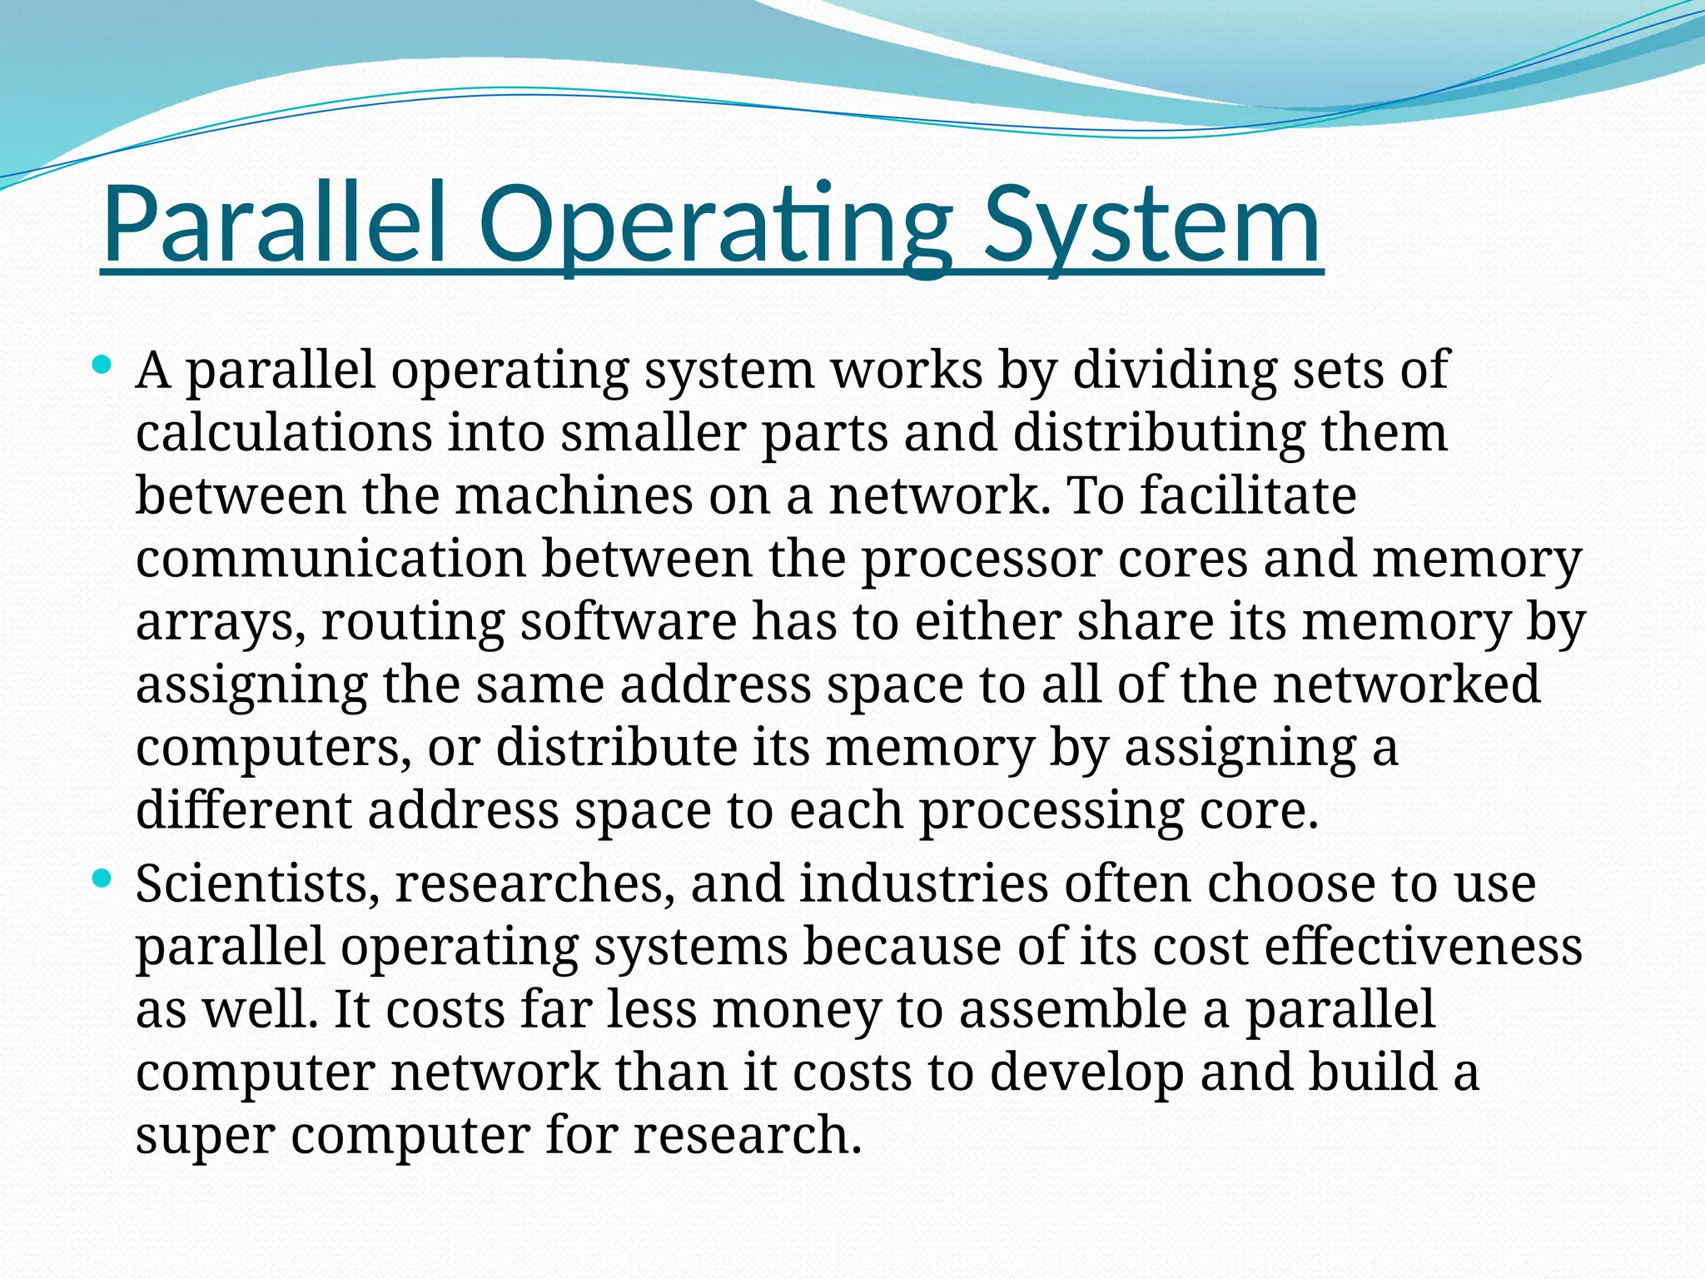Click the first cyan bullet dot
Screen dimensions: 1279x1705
pyautogui.click(x=102, y=365)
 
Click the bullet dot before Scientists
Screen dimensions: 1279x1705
pyautogui.click(x=102, y=878)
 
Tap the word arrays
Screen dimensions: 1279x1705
pyautogui.click(x=220, y=622)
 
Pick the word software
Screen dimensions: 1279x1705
pyautogui.click(x=629, y=622)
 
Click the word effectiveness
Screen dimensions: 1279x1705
pyautogui.click(x=1423, y=947)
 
